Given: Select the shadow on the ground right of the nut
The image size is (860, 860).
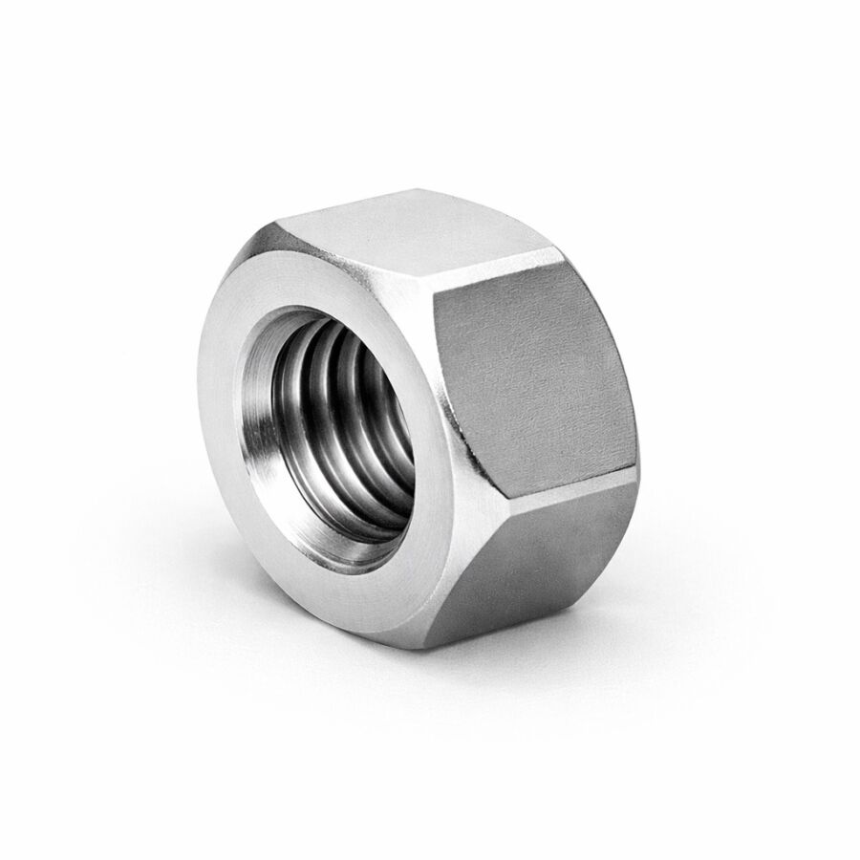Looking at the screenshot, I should (688, 592).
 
